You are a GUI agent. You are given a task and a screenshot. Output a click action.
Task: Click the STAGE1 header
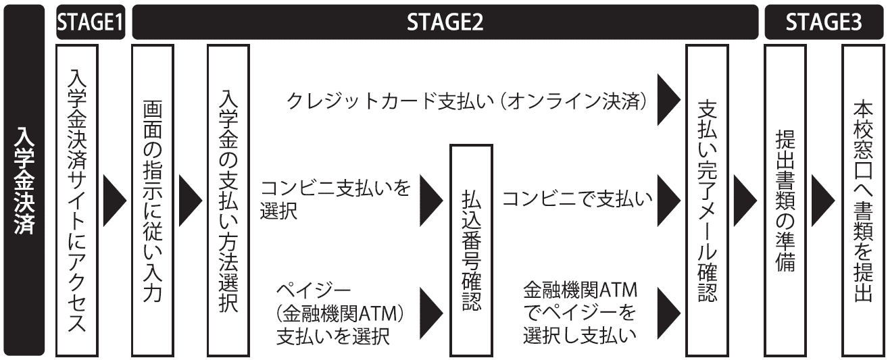[91, 22]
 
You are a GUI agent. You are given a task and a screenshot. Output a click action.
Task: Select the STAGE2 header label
[445, 22]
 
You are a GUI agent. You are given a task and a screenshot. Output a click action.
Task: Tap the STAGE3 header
[824, 22]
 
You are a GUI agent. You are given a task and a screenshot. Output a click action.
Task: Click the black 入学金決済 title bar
[24, 180]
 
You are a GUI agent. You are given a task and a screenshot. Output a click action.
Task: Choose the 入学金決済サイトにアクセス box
[77, 201]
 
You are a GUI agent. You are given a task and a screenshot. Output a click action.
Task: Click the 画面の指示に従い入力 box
[153, 201]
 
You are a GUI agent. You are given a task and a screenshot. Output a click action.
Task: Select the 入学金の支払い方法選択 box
[228, 201]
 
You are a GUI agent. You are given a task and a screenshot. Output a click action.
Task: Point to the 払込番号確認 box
[471, 251]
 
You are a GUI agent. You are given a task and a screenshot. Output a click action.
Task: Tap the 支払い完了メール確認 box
[708, 201]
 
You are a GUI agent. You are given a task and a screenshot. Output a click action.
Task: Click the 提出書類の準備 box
[785, 201]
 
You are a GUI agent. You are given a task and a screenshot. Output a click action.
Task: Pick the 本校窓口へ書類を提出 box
[863, 201]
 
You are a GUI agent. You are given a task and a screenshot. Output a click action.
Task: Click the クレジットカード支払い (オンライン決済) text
[466, 101]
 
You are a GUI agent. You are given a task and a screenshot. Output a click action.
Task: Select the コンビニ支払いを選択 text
[335, 199]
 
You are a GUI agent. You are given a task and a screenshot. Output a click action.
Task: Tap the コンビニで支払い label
[577, 199]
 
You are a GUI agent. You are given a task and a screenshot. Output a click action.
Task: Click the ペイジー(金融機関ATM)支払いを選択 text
[340, 314]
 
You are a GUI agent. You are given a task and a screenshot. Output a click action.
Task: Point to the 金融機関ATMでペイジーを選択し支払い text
[580, 313]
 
